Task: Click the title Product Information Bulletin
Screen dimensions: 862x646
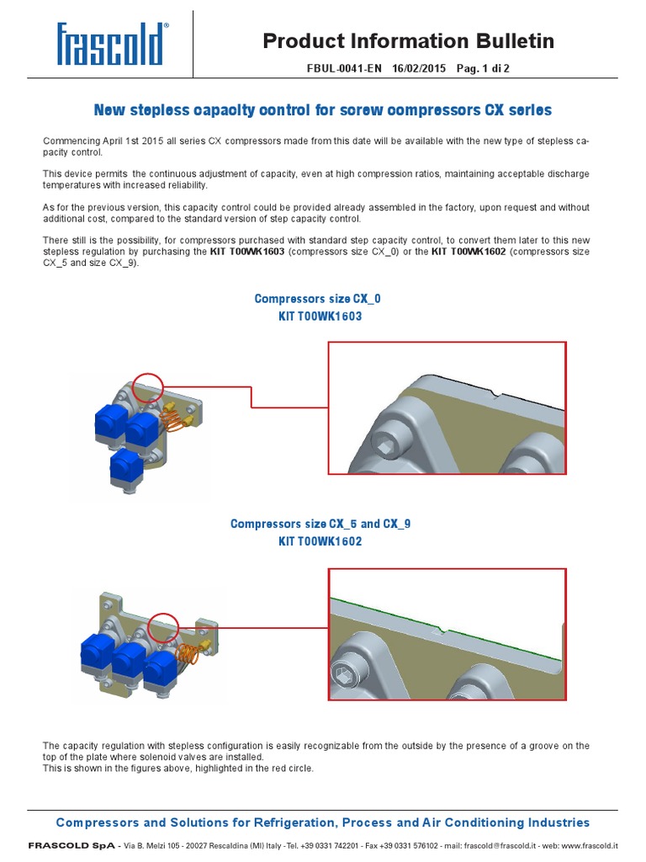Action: pyautogui.click(x=408, y=40)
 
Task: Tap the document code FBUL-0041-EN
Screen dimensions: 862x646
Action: pyautogui.click(x=346, y=69)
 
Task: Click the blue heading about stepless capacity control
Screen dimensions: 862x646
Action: pyautogui.click(x=323, y=110)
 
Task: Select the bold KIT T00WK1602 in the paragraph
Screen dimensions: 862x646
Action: pyautogui.click(x=469, y=252)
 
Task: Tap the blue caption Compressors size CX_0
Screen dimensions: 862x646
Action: pyautogui.click(x=323, y=299)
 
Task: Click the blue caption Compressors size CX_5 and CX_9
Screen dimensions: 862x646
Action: pyautogui.click(x=320, y=524)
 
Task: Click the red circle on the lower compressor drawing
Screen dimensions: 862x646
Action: pyautogui.click(x=162, y=627)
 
